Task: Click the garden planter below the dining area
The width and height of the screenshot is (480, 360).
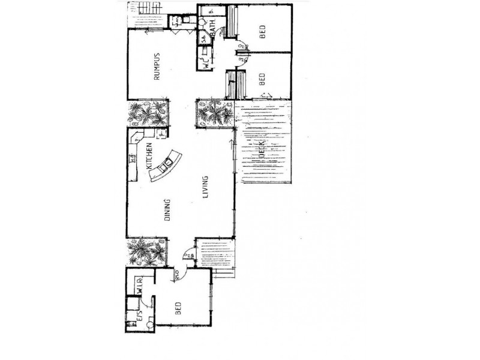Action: point(146,252)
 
